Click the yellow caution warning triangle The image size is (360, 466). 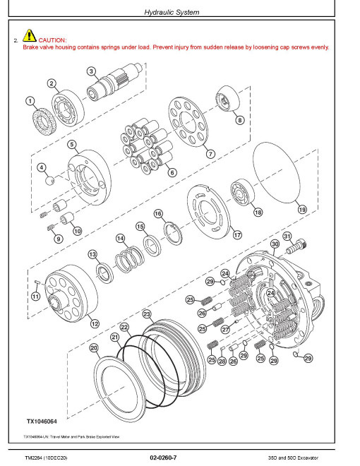tap(29, 35)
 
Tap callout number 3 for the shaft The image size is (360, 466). tap(91, 71)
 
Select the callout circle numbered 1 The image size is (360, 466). tap(30, 102)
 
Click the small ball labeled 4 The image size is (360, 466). tap(49, 180)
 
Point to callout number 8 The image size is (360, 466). tap(240, 120)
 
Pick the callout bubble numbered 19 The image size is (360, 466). tap(302, 210)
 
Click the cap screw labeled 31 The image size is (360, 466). tap(296, 247)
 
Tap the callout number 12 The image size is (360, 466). tap(95, 323)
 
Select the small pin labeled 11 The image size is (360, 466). tap(37, 282)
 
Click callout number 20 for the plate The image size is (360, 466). tap(94, 348)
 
